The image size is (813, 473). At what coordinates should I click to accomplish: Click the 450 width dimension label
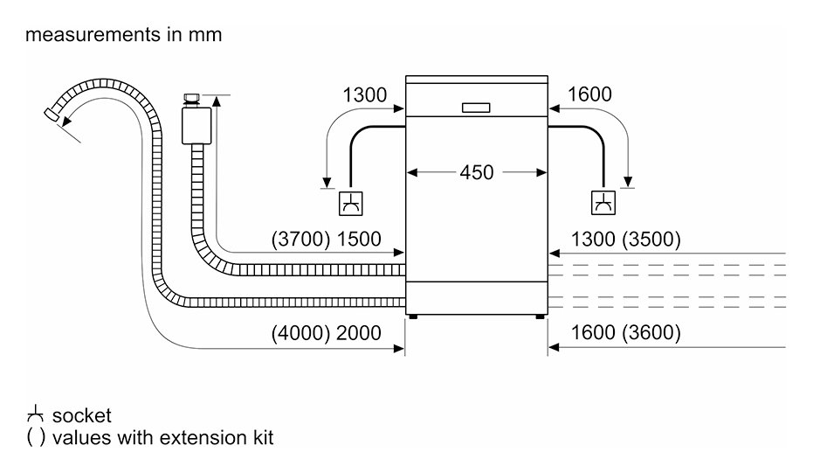477,172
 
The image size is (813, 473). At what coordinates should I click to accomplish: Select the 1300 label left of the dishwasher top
364,95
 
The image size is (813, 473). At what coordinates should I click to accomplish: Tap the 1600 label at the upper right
589,94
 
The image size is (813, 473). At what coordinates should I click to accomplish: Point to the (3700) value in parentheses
300,239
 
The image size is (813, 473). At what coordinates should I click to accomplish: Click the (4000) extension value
300,333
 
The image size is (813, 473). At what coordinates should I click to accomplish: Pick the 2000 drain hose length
359,333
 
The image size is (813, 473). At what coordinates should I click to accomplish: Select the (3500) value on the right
651,239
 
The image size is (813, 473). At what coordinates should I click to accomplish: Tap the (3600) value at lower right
651,332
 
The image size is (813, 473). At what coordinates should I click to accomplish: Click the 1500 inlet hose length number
359,239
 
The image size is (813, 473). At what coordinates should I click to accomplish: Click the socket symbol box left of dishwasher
350,203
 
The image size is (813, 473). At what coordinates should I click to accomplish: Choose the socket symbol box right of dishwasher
603,203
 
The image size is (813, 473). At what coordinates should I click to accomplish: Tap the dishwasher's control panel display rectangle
476,108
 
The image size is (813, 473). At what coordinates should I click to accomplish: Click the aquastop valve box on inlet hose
196,125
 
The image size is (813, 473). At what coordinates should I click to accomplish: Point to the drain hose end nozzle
52,113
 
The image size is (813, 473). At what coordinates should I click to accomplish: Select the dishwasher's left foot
413,316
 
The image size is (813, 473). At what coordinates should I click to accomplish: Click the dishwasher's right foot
541,316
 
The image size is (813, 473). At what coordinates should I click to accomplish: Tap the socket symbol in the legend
35,414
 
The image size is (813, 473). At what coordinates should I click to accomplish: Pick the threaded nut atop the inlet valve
192,100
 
